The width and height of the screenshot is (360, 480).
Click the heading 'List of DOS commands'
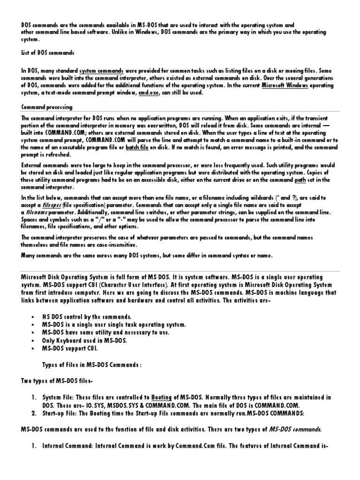pos(48,53)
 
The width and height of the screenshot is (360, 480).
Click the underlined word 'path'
pos(300,180)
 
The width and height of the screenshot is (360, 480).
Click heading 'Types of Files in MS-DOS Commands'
pos(92,365)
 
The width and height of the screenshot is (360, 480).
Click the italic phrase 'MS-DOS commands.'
pos(294,429)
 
